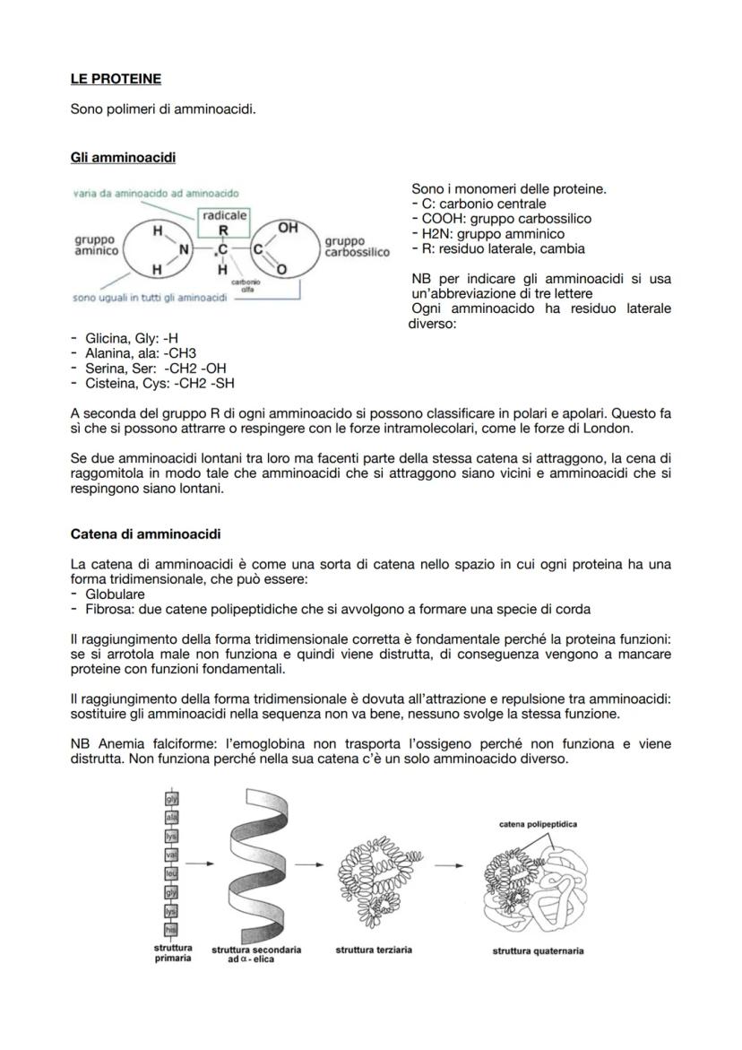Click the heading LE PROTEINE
coord(116,79)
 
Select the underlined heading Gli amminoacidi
coord(123,158)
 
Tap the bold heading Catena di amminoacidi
coord(145,534)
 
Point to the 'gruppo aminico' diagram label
coord(95,247)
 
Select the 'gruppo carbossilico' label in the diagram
coord(357,247)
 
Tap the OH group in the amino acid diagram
coord(288,229)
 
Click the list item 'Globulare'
coord(115,594)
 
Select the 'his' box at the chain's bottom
coord(169,928)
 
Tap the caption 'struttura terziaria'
coord(374,950)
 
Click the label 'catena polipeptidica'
coord(539,823)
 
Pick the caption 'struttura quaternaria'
coord(538,951)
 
